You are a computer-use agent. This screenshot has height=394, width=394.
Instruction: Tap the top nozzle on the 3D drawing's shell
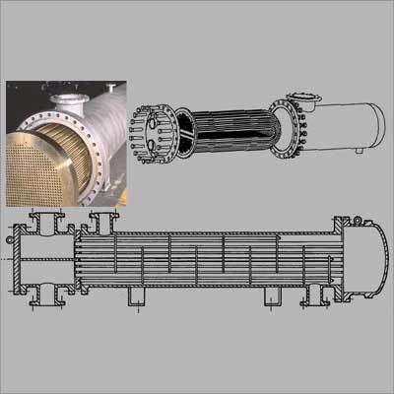pos(307,97)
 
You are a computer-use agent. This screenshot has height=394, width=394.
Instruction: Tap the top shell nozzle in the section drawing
pos(101,222)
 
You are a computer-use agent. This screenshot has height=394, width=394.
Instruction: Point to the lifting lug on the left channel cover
pos(12,235)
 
